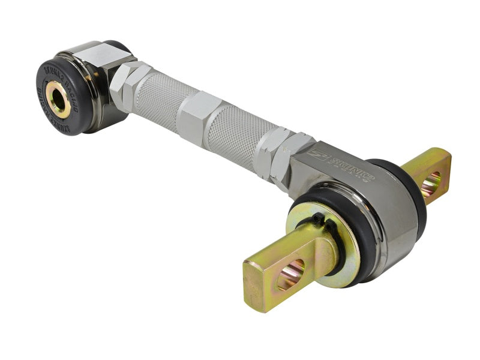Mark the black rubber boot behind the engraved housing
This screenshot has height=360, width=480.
click(414, 192)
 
